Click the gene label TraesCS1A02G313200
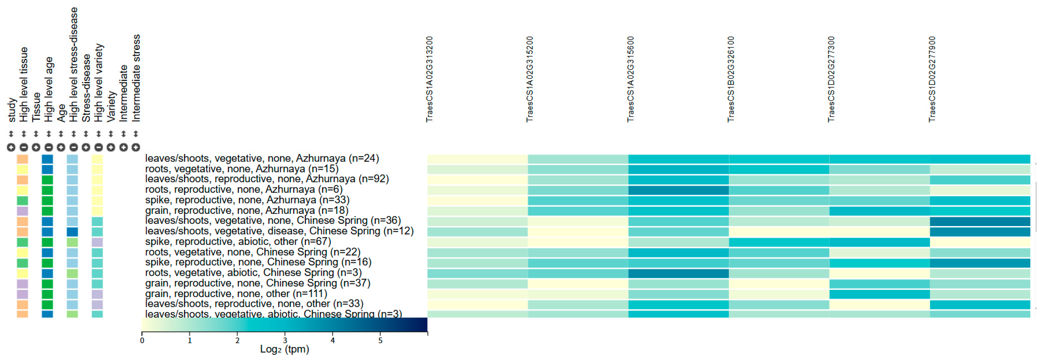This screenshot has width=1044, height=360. [430, 79]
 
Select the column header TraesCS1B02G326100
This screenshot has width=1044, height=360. [731, 79]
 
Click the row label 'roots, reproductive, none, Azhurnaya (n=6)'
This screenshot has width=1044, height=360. [243, 189]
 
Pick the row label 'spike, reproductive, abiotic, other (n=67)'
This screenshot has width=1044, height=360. [238, 242]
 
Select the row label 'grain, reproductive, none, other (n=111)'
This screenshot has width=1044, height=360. [236, 293]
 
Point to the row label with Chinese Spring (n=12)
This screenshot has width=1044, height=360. [279, 231]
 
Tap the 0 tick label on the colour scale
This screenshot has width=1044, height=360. [142, 340]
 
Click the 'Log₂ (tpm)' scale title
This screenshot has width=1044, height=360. [285, 349]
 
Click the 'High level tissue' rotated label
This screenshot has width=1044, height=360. [23, 84]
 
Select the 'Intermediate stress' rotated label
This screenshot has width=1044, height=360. [136, 78]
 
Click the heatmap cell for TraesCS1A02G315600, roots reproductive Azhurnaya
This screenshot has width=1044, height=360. [679, 190]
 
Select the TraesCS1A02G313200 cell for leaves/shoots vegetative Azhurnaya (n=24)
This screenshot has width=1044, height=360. [477, 159]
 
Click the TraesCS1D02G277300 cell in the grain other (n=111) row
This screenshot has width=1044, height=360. [880, 294]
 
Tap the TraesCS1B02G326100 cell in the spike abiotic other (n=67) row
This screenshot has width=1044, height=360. [779, 242]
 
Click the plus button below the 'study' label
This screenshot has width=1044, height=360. [11, 147]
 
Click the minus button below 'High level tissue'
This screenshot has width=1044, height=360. [23, 147]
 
